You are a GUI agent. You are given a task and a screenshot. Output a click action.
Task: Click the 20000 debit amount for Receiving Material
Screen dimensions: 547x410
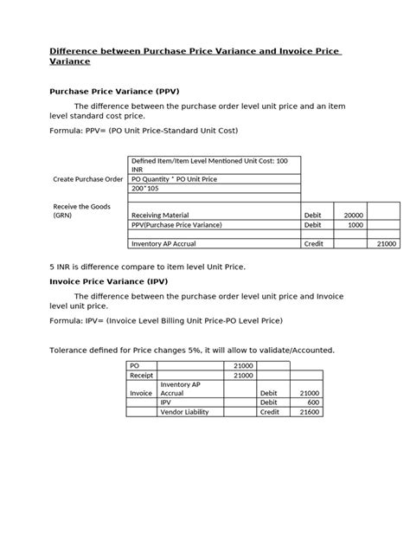tap(353, 215)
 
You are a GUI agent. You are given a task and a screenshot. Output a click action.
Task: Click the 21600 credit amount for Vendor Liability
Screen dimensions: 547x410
tap(309, 413)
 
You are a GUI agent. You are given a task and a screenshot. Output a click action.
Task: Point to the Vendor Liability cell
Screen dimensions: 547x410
tap(184, 413)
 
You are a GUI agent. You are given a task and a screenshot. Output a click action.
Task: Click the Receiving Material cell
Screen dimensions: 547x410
tap(160, 215)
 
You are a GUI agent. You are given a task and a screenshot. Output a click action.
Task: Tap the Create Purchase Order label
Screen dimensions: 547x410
tap(88, 178)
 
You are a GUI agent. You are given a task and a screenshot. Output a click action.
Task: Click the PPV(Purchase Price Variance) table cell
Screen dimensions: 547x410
tap(176, 224)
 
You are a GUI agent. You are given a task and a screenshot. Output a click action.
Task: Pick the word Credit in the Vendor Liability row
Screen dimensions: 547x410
tap(270, 413)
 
